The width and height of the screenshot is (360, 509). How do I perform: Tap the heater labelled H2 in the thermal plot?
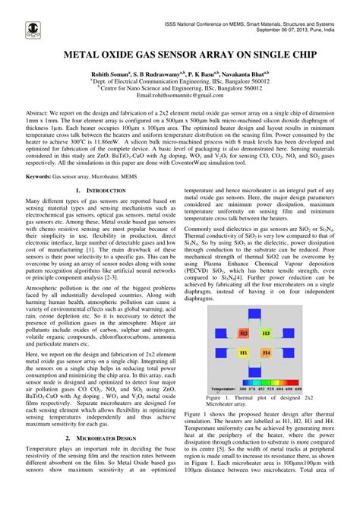click(x=244, y=333)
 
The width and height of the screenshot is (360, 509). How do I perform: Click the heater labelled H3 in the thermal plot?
click(x=266, y=333)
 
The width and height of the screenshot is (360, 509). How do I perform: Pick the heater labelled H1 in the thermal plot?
click(x=244, y=353)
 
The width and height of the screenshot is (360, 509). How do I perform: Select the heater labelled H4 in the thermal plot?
click(x=266, y=353)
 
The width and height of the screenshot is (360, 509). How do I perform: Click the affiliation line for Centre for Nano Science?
click(x=179, y=88)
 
